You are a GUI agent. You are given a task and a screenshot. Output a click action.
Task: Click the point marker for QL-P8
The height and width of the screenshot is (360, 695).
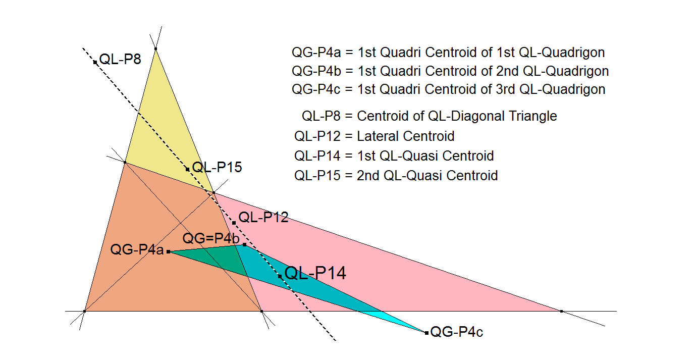pyautogui.click(x=95, y=63)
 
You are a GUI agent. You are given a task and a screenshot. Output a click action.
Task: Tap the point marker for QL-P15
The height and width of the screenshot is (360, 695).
pyautogui.click(x=187, y=169)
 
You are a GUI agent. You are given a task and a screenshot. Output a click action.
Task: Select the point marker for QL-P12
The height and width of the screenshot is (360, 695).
pyautogui.click(x=234, y=223)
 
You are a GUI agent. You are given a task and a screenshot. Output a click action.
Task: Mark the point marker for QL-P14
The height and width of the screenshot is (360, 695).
pyautogui.click(x=280, y=276)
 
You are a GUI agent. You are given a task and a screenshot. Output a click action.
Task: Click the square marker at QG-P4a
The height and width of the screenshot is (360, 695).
pyautogui.click(x=168, y=251)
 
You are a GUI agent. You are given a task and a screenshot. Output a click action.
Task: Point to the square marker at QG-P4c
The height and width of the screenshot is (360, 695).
pyautogui.click(x=426, y=333)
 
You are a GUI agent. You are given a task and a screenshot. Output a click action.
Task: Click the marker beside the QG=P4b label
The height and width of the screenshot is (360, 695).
pyautogui.click(x=244, y=245)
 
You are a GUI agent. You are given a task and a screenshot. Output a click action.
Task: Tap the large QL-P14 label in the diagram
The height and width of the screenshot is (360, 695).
pyautogui.click(x=315, y=273)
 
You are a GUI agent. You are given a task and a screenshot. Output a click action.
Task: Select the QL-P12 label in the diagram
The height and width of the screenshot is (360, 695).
pyautogui.click(x=263, y=218)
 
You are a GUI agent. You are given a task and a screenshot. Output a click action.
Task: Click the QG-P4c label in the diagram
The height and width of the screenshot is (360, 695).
pyautogui.click(x=456, y=332)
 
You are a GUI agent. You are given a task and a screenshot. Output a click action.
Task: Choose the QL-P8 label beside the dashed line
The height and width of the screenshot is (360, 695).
pyautogui.click(x=120, y=59)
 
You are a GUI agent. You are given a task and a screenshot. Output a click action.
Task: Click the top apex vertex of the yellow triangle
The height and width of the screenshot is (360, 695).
pyautogui.click(x=155, y=49)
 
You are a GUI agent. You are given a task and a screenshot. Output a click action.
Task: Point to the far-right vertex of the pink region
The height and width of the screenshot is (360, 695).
pyautogui.click(x=561, y=311)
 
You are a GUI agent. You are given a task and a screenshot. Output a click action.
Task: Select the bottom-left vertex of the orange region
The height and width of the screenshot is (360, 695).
pyautogui.click(x=84, y=311)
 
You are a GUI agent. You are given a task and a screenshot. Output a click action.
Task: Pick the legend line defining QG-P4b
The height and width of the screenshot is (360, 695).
pyautogui.click(x=450, y=71)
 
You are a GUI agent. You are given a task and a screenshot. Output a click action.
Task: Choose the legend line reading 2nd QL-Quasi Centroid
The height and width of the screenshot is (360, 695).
pyautogui.click(x=396, y=176)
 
